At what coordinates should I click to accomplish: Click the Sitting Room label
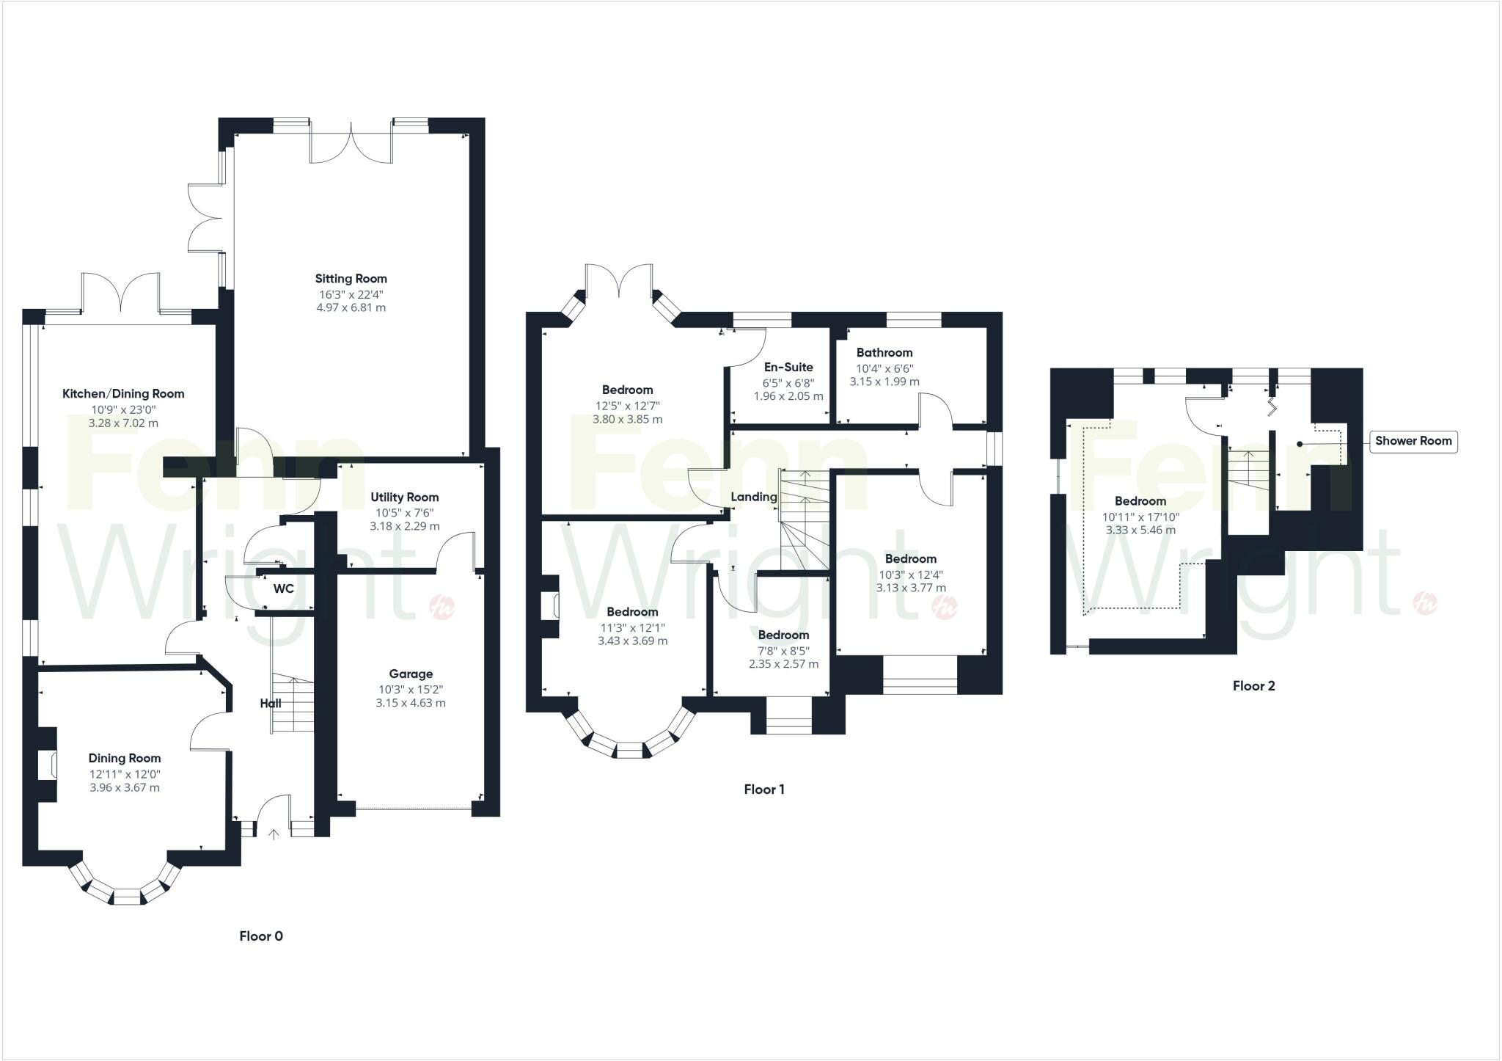pyautogui.click(x=351, y=279)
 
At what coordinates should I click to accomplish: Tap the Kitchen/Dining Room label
pyautogui.click(x=123, y=394)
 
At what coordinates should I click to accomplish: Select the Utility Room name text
pyautogui.click(x=405, y=497)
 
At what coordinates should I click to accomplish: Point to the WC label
pyautogui.click(x=283, y=589)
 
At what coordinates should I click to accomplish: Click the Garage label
pyautogui.click(x=411, y=674)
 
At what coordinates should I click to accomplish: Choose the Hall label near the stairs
pyautogui.click(x=271, y=703)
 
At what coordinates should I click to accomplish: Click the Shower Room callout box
pyautogui.click(x=1413, y=441)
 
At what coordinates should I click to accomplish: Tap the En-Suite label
pyautogui.click(x=788, y=367)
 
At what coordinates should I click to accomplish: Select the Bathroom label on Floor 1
pyautogui.click(x=884, y=352)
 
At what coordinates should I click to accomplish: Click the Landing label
pyautogui.click(x=754, y=497)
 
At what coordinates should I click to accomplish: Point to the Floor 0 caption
pyautogui.click(x=261, y=936)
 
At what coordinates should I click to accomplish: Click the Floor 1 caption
pyautogui.click(x=764, y=790)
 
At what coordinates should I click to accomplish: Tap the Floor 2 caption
pyautogui.click(x=1254, y=686)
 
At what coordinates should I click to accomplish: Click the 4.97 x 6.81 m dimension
pyautogui.click(x=351, y=307)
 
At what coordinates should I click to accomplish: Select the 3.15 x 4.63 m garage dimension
pyautogui.click(x=411, y=703)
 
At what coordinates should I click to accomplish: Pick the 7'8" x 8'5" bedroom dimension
pyautogui.click(x=783, y=650)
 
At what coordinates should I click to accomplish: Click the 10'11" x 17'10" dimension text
pyautogui.click(x=1140, y=517)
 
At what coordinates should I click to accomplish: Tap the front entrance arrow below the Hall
pyautogui.click(x=274, y=834)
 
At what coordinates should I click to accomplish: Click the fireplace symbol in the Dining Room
pyautogui.click(x=52, y=765)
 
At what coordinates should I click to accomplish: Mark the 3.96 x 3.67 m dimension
pyautogui.click(x=125, y=788)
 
